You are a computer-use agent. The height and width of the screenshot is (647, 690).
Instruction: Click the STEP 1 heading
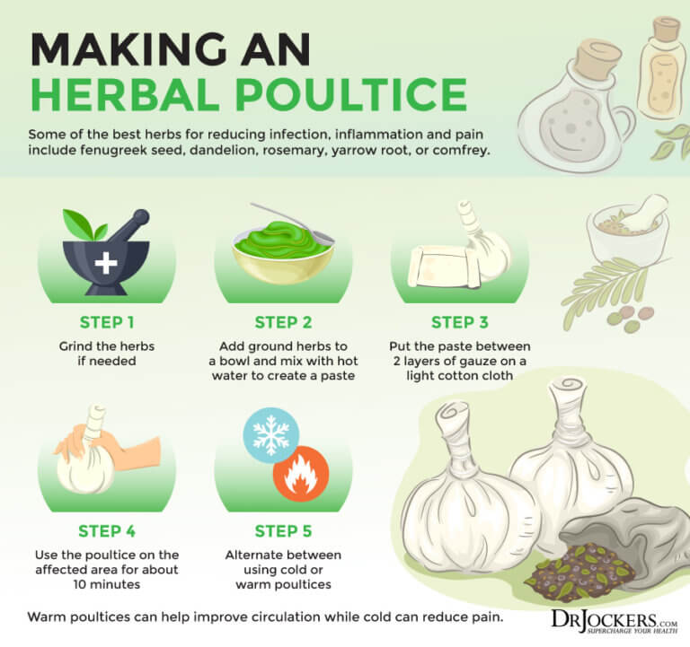point(107,323)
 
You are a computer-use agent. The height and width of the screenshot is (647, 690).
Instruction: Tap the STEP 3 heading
point(459,323)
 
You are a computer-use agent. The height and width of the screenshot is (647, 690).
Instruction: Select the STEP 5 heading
point(283,531)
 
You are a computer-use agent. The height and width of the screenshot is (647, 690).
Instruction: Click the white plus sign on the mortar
point(106,263)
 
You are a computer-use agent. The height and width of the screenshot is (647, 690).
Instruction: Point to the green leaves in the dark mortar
point(84,224)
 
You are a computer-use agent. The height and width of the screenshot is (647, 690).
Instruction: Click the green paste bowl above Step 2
point(283,253)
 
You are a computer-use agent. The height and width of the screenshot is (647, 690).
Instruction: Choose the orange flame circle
point(301,474)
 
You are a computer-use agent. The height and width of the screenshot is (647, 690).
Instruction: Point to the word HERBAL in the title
point(125,94)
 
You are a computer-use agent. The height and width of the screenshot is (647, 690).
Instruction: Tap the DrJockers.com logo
point(615,621)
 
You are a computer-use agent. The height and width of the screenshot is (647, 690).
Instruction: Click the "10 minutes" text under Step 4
point(107,584)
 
